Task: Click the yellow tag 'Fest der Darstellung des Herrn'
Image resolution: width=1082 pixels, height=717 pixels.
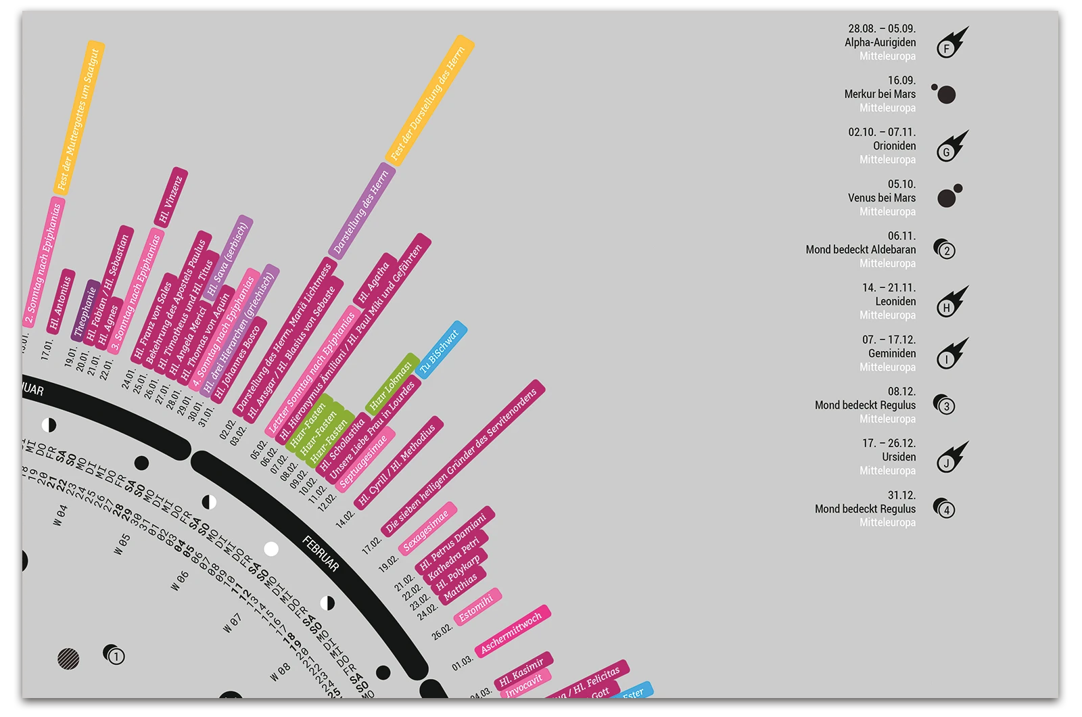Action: pyautogui.click(x=429, y=101)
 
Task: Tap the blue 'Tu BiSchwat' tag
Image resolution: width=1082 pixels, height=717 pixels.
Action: pyautogui.click(x=440, y=349)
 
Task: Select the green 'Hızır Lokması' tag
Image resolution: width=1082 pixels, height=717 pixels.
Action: pyautogui.click(x=392, y=384)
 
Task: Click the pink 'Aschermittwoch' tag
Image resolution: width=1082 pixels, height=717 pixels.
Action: pyautogui.click(x=512, y=632)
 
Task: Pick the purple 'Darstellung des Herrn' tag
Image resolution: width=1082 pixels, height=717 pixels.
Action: pyautogui.click(x=362, y=211)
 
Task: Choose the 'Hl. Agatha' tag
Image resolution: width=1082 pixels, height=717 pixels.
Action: pyautogui.click(x=374, y=282)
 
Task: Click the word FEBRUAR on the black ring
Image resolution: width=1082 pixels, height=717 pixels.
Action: pyautogui.click(x=321, y=553)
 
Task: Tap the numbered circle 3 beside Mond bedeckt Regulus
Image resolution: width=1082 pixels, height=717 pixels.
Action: pyautogui.click(x=945, y=406)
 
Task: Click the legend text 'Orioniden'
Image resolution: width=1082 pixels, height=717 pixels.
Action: pyautogui.click(x=894, y=146)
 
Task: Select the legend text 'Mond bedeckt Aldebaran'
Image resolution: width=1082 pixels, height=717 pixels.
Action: pyautogui.click(x=860, y=250)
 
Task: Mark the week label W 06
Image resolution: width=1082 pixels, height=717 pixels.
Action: pyautogui.click(x=180, y=580)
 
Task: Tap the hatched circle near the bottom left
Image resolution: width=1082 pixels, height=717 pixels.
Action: pyautogui.click(x=68, y=658)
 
